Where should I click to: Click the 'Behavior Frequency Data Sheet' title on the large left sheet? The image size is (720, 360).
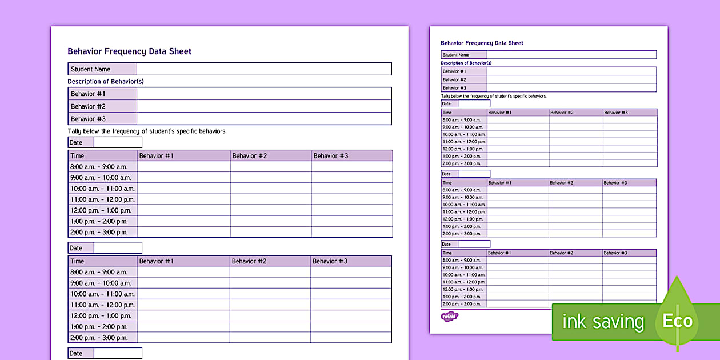[129, 51]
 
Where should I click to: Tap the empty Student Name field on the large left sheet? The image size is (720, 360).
[264, 69]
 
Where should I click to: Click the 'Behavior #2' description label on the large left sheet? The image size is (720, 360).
[88, 106]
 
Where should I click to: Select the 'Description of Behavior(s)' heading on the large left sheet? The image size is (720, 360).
[106, 82]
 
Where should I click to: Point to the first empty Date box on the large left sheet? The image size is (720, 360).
[118, 142]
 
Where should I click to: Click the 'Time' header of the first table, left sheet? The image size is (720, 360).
[77, 155]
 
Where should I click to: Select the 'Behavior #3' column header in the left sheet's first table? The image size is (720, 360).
[331, 155]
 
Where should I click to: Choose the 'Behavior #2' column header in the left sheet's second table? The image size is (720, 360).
[249, 261]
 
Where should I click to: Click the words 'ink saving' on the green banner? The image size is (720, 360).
[603, 322]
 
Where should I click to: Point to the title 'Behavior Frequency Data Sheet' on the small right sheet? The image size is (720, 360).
[482, 43]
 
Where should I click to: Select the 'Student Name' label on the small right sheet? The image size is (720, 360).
[456, 55]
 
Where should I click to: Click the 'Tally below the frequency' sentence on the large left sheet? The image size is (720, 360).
[147, 131]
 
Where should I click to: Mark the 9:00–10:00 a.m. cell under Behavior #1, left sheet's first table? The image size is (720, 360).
[183, 178]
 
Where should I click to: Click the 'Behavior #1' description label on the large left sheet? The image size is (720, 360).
[88, 94]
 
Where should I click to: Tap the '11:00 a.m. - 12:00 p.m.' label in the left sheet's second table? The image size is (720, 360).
[102, 305]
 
